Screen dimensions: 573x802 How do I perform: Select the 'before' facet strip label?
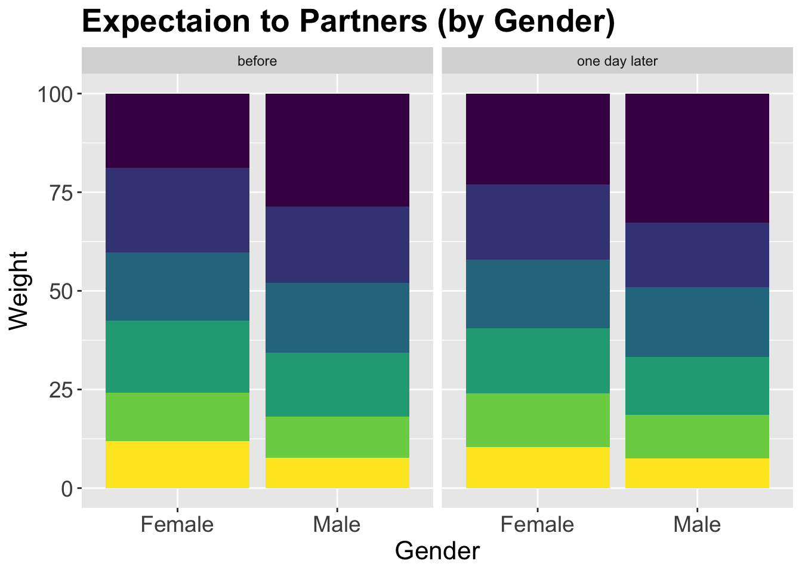pyautogui.click(x=257, y=61)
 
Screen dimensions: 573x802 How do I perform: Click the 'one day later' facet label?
pyautogui.click(x=618, y=61)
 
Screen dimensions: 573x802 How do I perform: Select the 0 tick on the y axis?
pyautogui.click(x=67, y=489)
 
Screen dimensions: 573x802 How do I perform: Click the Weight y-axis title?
pyautogui.click(x=19, y=290)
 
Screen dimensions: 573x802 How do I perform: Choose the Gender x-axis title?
pyautogui.click(x=437, y=551)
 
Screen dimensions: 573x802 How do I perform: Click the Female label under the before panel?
pyautogui.click(x=177, y=525)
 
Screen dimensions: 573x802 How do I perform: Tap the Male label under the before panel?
pyautogui.click(x=337, y=525)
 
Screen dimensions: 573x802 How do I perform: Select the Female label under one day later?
pyautogui.click(x=538, y=525)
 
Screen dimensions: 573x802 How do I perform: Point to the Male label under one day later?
pyautogui.click(x=698, y=525)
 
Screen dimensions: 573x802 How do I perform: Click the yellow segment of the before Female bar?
pyautogui.click(x=177, y=464)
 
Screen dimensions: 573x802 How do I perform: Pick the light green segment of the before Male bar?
pyautogui.click(x=337, y=437)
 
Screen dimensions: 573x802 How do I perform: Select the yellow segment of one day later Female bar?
pyautogui.click(x=538, y=467)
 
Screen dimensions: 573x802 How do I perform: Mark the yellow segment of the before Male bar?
pyautogui.click(x=337, y=473)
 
